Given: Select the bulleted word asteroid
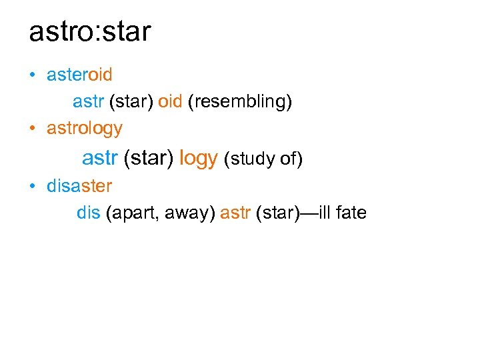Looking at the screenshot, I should (79, 75).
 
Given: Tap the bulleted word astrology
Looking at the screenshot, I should (85, 127).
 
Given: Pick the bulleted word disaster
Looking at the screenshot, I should (79, 185).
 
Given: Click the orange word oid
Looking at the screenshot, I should (170, 101).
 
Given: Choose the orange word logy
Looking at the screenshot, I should (199, 159).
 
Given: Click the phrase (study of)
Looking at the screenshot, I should (263, 159).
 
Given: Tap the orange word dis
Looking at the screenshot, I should (89, 213).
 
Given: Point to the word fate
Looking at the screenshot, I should (351, 213).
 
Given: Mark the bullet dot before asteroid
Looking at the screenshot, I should (33, 75).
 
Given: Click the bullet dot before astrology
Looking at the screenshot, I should (33, 127).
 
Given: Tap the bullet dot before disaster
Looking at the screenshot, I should (33, 185).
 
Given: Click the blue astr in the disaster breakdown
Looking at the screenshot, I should (235, 213).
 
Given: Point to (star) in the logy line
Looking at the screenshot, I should (149, 159).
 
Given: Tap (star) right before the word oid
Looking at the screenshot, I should (131, 102).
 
